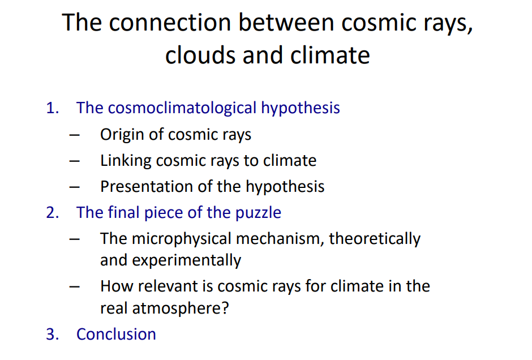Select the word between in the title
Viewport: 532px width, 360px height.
click(286, 23)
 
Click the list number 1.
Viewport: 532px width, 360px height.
click(52, 108)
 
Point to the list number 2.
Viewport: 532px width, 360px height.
click(52, 213)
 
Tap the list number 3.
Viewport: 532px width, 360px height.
click(52, 334)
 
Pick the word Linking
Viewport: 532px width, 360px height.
click(126, 161)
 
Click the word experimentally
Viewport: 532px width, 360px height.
click(186, 261)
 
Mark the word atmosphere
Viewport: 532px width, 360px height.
click(177, 308)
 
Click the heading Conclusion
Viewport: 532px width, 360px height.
click(116, 334)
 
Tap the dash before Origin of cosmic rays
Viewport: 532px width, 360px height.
click(74, 135)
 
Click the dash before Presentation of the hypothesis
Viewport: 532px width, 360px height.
click(74, 187)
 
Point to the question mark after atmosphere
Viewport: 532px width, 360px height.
click(225, 308)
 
